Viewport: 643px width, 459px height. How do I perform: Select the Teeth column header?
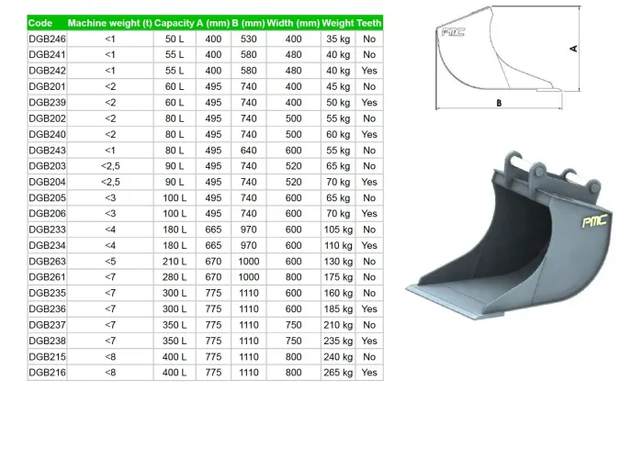(369, 23)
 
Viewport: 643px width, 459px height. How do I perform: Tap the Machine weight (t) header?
(109, 23)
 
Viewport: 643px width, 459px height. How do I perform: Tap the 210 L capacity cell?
(175, 261)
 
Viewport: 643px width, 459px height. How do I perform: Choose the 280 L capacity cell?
(175, 277)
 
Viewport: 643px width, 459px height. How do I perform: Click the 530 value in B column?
(248, 39)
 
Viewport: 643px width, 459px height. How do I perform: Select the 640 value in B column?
(248, 150)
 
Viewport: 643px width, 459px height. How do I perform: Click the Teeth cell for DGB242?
(369, 71)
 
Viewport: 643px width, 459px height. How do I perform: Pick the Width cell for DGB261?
(293, 277)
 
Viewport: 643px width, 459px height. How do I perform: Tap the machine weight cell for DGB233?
(110, 229)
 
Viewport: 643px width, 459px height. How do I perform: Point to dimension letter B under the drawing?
(499, 103)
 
